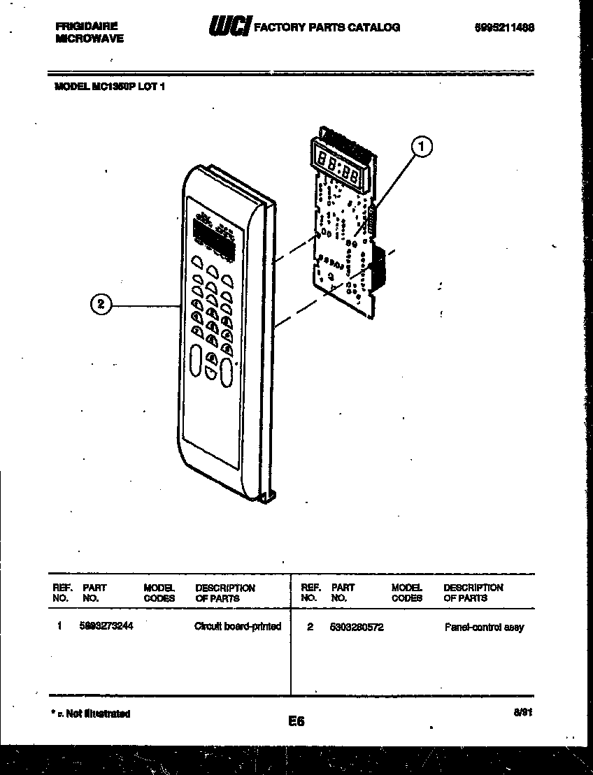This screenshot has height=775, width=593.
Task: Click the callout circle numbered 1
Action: coord(422,147)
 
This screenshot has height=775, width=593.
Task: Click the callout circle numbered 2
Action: coord(101,303)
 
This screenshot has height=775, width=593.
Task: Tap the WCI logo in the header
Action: coord(229,27)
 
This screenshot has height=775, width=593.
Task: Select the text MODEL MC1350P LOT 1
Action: coord(109,87)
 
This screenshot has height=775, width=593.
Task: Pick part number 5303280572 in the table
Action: coord(356,627)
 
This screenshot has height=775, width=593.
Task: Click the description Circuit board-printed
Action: coord(237,626)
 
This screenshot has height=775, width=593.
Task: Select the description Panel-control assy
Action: coord(484,628)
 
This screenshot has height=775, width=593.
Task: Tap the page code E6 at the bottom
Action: coord(296,721)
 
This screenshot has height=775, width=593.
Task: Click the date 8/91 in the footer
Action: coord(522,711)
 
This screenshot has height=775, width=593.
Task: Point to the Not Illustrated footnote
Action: coord(91,714)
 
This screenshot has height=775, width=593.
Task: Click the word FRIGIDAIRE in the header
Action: coord(86,26)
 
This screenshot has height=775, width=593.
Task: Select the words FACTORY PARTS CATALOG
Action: coord(326,27)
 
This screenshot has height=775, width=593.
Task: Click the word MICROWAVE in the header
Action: coord(89,38)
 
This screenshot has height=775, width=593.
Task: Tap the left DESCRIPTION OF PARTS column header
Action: coord(224,593)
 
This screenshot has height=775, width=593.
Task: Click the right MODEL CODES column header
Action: coord(406,593)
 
